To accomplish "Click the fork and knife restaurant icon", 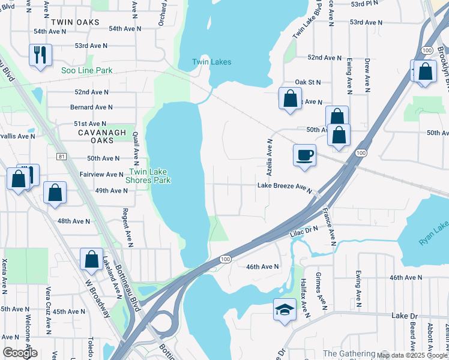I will pos(40,54).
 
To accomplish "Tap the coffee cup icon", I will pos(304,154).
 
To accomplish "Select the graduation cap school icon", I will pos(285,309).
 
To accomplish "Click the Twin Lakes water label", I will pos(211,62).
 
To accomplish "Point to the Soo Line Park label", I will pos(87,70).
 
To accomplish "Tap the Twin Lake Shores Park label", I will pos(148,175).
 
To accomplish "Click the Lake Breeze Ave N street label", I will pos(285,187).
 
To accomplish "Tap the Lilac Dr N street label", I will pos(304,230).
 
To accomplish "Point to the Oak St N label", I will pos(308,82).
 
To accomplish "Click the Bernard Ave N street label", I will pos(91,107).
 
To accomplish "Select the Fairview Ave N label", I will pos(101,174).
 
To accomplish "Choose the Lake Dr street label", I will pos(404,315).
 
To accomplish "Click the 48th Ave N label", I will pos(73,221).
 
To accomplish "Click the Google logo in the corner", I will pos(20,353).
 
